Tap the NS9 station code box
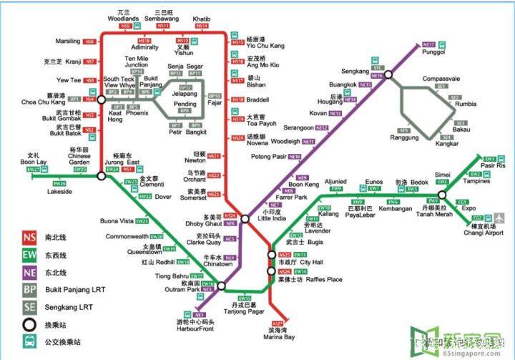[x=126, y=26]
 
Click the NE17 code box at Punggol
[x=429, y=44]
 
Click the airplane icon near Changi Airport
[x=498, y=218]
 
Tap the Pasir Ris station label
[x=493, y=166]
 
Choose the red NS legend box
[x=29, y=237]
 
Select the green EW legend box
[x=29, y=255]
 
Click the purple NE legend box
[x=29, y=273]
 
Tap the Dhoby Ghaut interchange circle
[x=245, y=218]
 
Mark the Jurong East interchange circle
[x=102, y=175]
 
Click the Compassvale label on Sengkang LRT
[x=440, y=78]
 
